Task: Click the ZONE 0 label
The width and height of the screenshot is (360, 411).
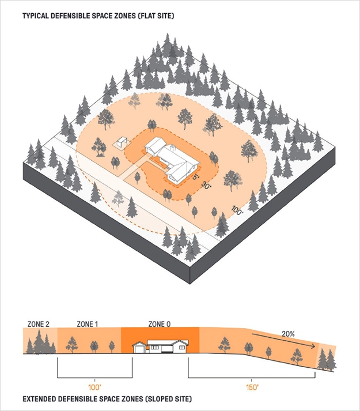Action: pos(160,324)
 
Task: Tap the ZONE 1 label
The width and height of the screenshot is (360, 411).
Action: pos(87,324)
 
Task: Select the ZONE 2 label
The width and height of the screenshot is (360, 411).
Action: pos(38,324)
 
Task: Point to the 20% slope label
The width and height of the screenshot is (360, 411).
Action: pos(288,334)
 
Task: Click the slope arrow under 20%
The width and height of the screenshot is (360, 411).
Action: pos(283,340)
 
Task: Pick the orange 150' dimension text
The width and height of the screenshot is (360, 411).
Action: pos(252,387)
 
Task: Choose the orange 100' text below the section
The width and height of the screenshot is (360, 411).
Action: pos(94,387)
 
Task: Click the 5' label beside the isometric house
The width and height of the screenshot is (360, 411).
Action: pos(196,176)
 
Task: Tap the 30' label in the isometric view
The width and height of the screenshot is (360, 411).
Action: pos(207,185)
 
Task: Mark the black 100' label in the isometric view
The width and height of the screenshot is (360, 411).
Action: pos(237,210)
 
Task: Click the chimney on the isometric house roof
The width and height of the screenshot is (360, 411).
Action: pos(172,148)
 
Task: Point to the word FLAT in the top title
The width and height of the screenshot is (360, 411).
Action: pos(149,16)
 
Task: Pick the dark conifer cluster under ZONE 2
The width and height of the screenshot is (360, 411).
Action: pos(41,342)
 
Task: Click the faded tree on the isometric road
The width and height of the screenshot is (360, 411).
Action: pos(118,198)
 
